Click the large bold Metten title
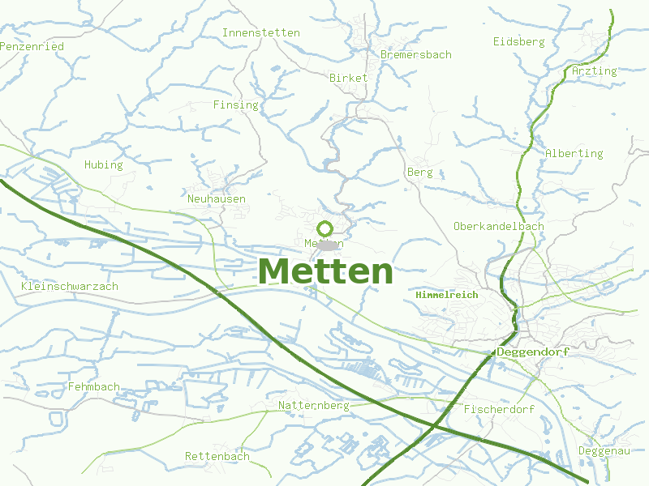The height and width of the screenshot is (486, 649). tap(325, 271)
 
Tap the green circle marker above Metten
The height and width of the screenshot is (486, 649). tap(325, 228)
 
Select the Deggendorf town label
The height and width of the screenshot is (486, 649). tap(532, 352)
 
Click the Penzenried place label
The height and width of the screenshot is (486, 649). tap(32, 46)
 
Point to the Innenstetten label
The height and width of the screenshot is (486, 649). tap(260, 33)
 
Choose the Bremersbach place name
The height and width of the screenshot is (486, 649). tap(415, 54)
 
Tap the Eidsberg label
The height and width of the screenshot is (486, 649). tap(518, 41)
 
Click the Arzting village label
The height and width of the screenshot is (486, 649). tap(594, 70)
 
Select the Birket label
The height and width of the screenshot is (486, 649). tap(349, 78)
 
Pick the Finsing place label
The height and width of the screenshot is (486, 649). tap(235, 104)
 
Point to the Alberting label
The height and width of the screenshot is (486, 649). tap(574, 153)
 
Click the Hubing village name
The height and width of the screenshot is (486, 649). tap(103, 164)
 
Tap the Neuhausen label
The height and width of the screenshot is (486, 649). tap(216, 198)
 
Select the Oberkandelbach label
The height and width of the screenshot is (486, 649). tap(498, 226)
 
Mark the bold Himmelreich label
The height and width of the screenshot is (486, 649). tap(446, 295)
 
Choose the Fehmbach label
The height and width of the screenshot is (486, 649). tap(94, 386)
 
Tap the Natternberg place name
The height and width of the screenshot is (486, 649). tap(313, 404)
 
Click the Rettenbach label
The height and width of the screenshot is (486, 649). tap(217, 456)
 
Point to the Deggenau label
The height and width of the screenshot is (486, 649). tap(604, 450)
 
